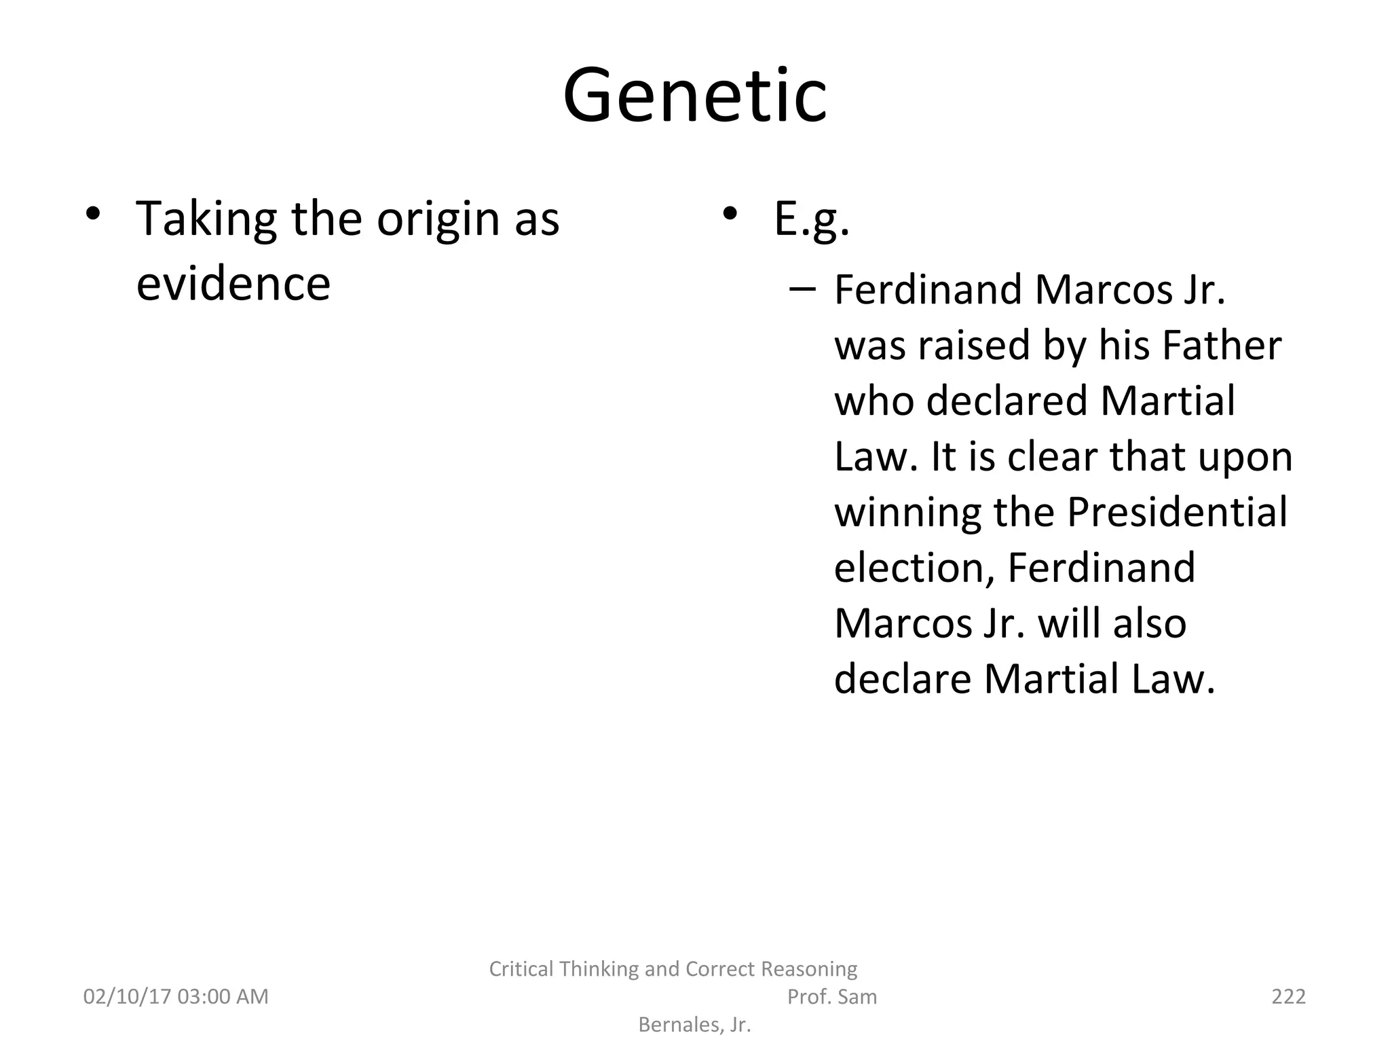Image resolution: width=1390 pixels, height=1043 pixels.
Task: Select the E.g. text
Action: tap(811, 219)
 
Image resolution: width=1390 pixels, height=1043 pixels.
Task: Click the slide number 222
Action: tap(1288, 996)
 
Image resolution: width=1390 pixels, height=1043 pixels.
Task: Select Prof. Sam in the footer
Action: tap(831, 996)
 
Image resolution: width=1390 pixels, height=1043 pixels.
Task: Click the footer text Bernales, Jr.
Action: tap(694, 1024)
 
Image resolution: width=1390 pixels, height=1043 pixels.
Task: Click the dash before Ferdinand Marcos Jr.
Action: tap(802, 290)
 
